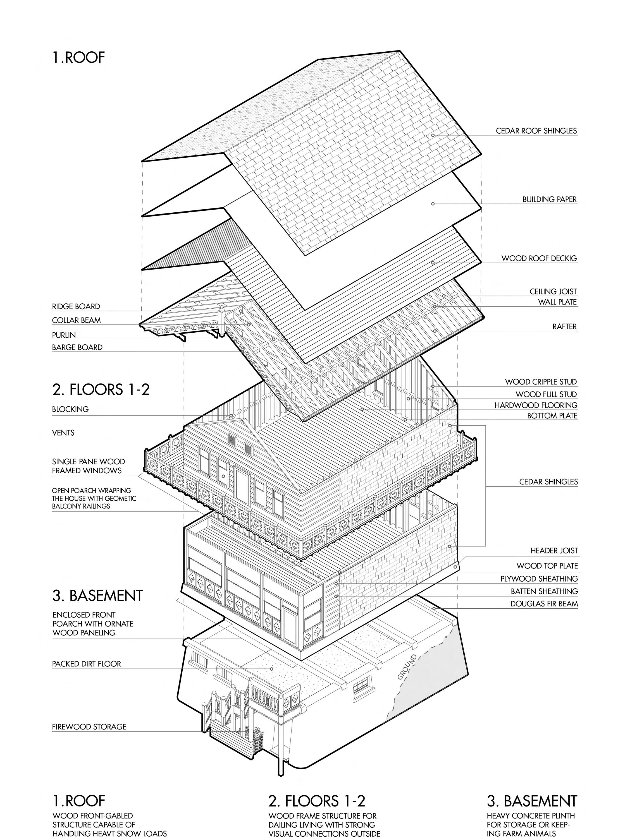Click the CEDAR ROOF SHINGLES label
(x=536, y=131)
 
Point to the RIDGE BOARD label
(x=76, y=306)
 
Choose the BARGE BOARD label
(x=77, y=347)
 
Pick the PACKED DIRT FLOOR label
(x=86, y=664)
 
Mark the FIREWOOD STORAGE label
(x=89, y=727)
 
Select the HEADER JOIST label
(x=554, y=551)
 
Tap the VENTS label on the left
(x=63, y=433)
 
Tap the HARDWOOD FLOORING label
(x=535, y=405)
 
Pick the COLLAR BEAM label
(x=76, y=320)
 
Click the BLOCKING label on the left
(x=70, y=409)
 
